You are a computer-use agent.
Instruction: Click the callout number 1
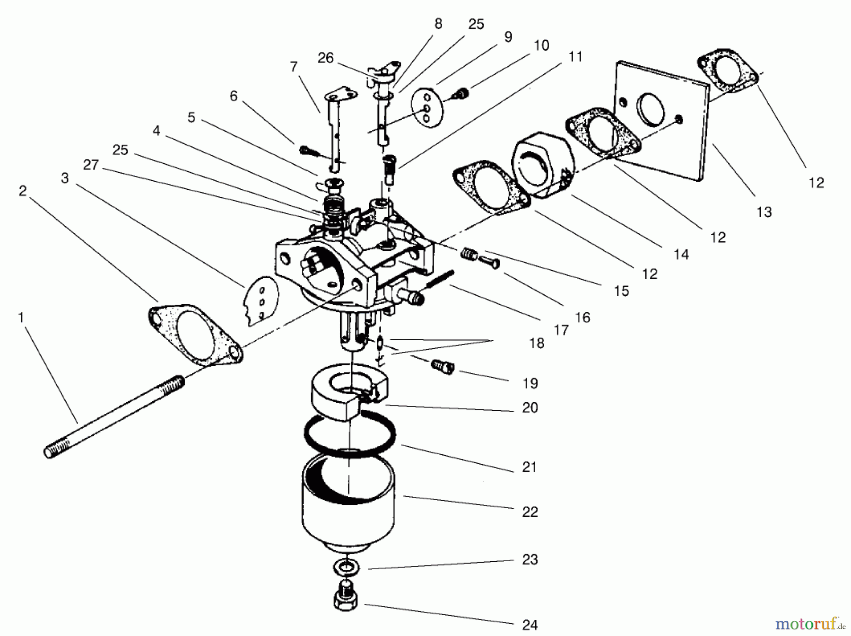[x=21, y=318]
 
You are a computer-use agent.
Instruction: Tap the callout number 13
[x=764, y=212]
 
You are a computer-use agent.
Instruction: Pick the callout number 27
[x=91, y=165]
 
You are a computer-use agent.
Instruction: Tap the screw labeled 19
[x=442, y=366]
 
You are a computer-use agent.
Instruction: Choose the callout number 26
[x=325, y=58]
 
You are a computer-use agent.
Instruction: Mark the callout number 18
[x=537, y=343]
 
